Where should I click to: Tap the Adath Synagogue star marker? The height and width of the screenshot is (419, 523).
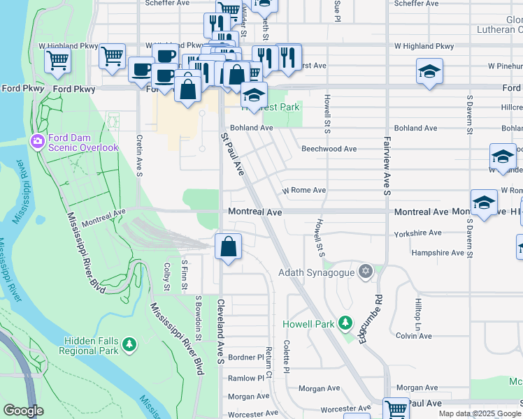pos(364,272)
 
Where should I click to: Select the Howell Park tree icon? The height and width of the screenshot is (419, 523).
pos(345,323)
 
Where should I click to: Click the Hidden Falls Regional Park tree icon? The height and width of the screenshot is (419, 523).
pos(128,344)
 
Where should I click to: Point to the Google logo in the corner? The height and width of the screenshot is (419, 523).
pos(23,411)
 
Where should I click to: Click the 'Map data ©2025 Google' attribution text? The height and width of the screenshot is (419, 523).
pos(480,413)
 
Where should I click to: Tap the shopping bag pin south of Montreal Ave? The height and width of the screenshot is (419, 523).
pos(229,247)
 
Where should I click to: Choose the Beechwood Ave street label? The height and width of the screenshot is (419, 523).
pos(329,149)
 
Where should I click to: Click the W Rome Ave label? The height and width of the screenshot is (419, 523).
pos(303,190)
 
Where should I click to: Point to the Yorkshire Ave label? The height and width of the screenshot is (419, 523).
pos(417,233)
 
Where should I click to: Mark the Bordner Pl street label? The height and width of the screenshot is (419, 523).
pos(244,357)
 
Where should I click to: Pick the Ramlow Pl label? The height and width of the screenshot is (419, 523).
pos(245,377)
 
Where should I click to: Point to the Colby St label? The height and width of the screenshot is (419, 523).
pos(166,277)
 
